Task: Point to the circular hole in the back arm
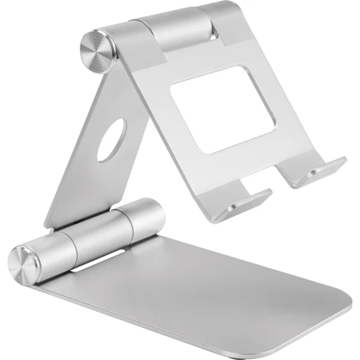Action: (111, 139)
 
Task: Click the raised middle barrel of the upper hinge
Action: (174, 27)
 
